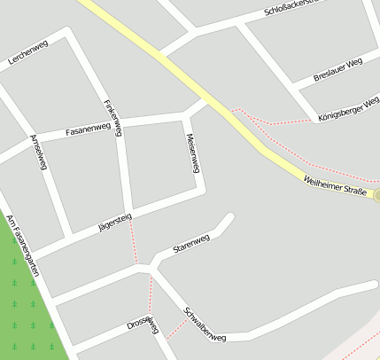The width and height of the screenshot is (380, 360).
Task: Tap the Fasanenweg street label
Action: (88, 129)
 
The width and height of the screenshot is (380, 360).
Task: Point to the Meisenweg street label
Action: (191, 153)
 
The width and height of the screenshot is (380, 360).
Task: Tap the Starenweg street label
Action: (191, 241)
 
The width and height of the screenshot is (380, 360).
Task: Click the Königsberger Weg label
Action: (346, 106)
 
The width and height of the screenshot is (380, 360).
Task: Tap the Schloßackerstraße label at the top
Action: (301, 10)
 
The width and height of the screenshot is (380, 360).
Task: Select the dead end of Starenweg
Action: (230, 216)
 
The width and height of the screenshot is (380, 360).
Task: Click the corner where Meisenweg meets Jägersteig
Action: (201, 191)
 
